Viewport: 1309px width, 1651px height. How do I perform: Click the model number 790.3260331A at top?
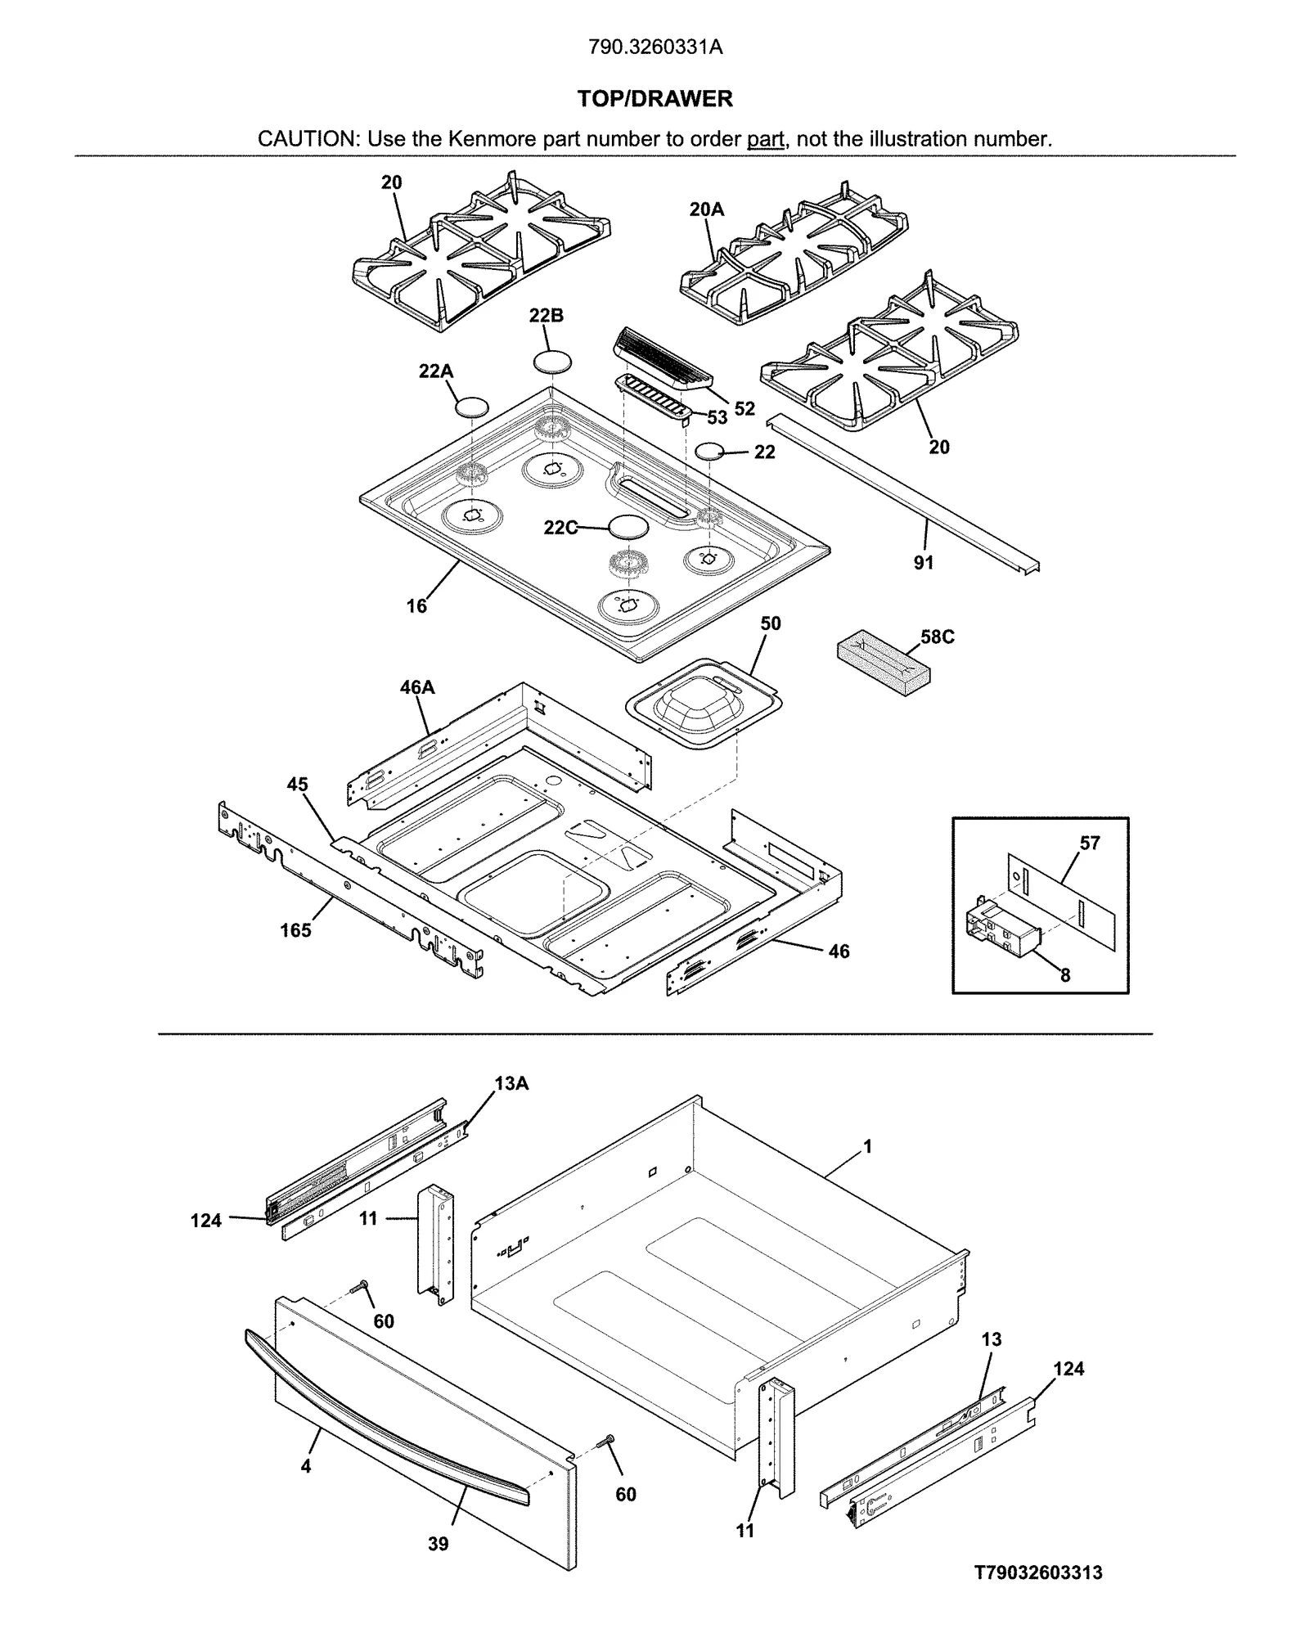[x=654, y=47]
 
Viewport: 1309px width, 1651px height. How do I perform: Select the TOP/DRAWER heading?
[x=654, y=99]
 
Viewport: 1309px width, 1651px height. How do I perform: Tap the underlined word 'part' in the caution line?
[x=765, y=139]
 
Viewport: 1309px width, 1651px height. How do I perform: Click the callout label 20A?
[x=706, y=209]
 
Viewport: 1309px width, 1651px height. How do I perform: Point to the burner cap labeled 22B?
[x=552, y=361]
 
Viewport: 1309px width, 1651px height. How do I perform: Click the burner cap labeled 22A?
[x=472, y=406]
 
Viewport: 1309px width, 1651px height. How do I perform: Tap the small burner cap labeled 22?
[x=709, y=451]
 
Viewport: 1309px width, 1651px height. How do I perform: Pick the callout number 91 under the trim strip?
[x=923, y=563]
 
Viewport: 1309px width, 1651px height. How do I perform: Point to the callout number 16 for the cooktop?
[x=416, y=606]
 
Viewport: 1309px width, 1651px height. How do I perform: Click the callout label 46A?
[x=416, y=687]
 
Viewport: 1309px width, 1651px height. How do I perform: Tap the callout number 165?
[x=295, y=930]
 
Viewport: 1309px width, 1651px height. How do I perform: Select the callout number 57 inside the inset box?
[x=1090, y=843]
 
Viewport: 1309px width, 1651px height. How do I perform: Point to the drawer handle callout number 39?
[x=438, y=1544]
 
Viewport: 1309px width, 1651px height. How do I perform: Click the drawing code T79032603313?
[x=1038, y=1572]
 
